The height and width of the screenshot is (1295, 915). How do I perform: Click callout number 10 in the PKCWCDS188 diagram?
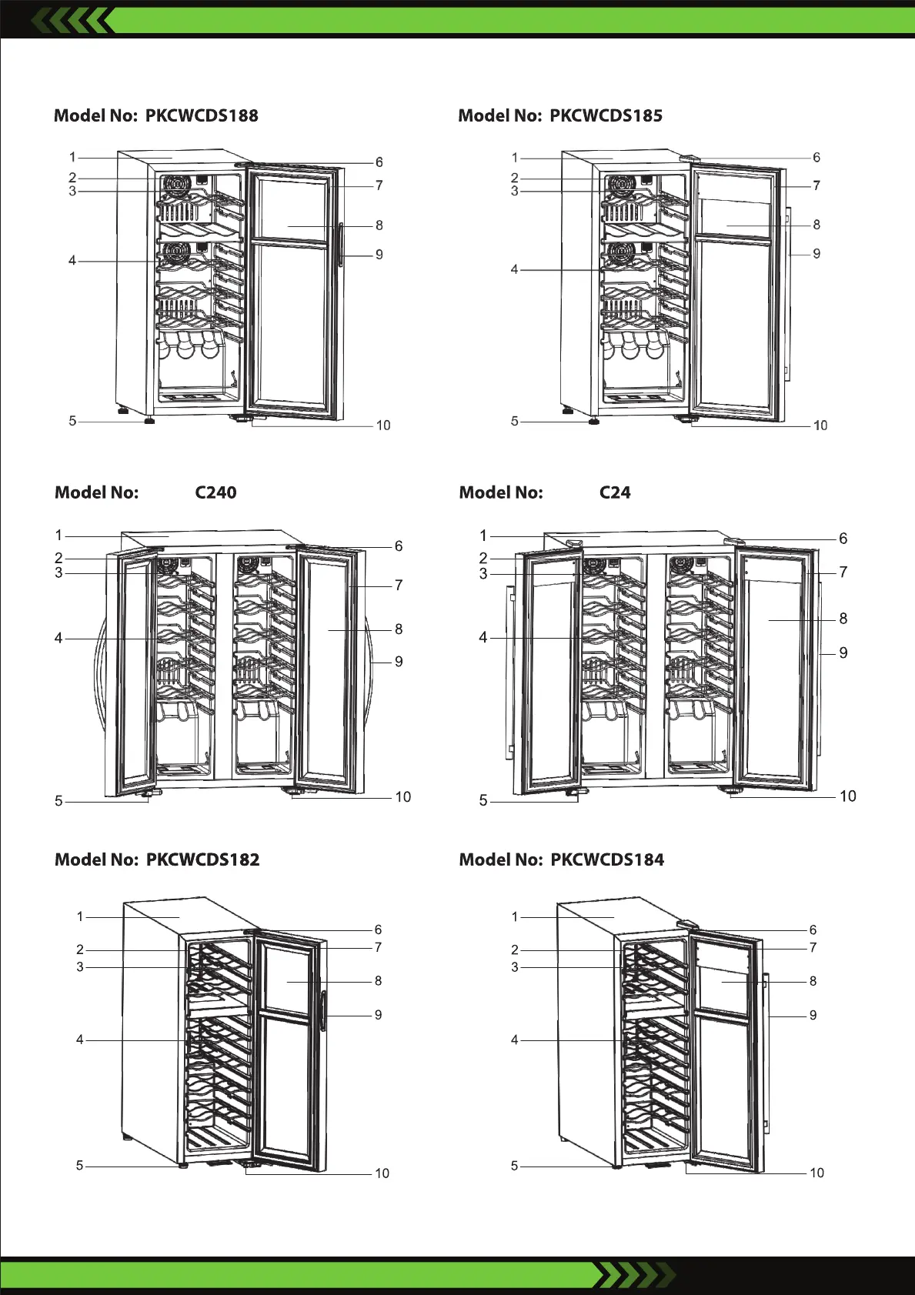(x=383, y=426)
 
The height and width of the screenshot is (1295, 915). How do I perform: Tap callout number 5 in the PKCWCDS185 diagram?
(x=515, y=421)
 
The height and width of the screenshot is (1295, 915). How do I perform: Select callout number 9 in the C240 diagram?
(x=399, y=662)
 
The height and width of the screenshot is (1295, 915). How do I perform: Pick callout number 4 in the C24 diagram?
(x=483, y=637)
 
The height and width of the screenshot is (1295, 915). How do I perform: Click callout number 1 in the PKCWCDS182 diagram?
(x=80, y=916)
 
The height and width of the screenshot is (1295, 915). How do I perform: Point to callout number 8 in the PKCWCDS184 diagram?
(x=813, y=981)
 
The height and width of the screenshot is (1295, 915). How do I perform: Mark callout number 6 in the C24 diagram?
(x=843, y=539)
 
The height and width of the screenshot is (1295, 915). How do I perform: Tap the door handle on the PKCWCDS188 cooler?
(x=340, y=245)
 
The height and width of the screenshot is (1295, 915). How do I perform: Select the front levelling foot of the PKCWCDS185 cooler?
(x=593, y=421)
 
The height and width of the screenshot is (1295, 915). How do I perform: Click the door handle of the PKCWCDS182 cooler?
(x=323, y=1010)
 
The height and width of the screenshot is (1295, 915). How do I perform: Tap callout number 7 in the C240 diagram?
(x=399, y=586)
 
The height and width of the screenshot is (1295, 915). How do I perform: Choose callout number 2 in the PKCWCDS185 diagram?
(x=515, y=178)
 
